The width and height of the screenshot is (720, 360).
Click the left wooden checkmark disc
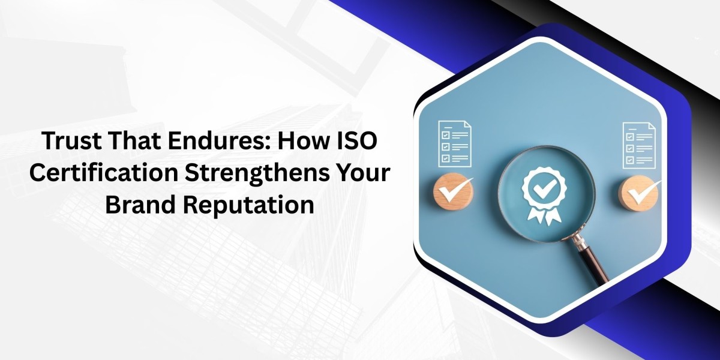[x=453, y=191]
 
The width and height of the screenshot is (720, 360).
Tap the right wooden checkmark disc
[x=640, y=191]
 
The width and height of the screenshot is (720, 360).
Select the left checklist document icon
[x=454, y=143]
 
